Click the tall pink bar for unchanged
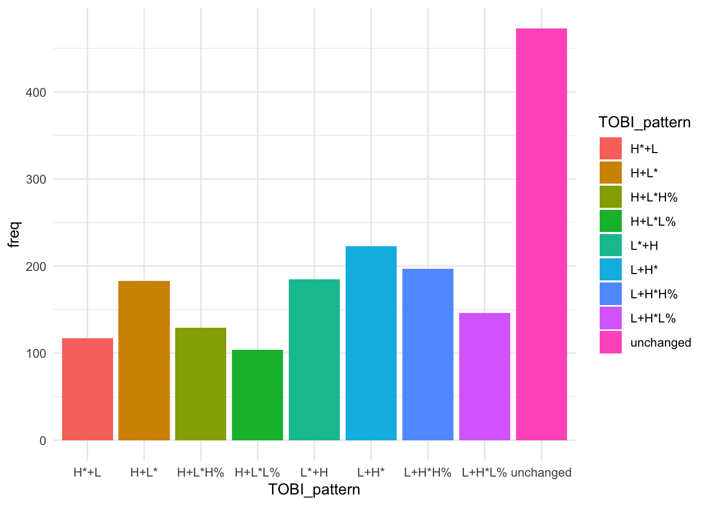click(x=541, y=234)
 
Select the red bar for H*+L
click(x=87, y=389)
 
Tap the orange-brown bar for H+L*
click(x=144, y=360)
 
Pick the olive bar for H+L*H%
click(x=200, y=384)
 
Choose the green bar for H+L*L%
click(x=257, y=395)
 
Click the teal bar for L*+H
click(x=314, y=360)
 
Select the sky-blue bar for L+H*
click(x=371, y=343)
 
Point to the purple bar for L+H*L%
click(x=484, y=377)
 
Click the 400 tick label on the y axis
click(x=36, y=93)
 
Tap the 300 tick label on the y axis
click(x=36, y=179)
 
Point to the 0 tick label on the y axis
click(x=43, y=441)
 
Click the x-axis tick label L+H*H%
click(x=428, y=472)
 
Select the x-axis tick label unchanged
click(x=541, y=472)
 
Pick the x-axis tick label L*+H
click(x=314, y=472)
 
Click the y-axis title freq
click(x=14, y=234)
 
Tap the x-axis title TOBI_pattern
click(x=314, y=490)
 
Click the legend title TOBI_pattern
click(x=644, y=123)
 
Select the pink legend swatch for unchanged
click(x=610, y=342)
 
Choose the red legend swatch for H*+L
click(x=610, y=149)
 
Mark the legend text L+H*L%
click(x=653, y=318)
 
